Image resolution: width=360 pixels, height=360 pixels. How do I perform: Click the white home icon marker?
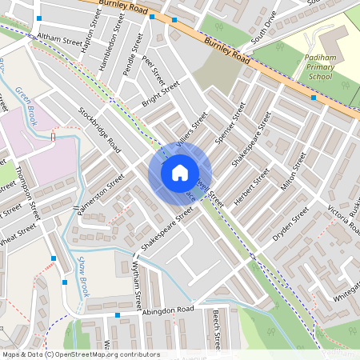point(180,173)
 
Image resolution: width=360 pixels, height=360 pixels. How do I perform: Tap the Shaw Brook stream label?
point(83,275)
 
